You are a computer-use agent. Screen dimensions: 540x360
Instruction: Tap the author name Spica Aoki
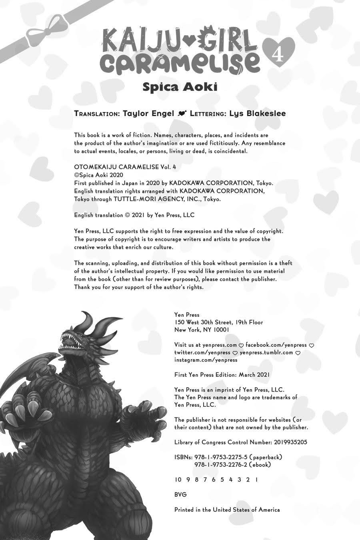point(180,87)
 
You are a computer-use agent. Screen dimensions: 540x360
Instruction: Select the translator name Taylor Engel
point(148,114)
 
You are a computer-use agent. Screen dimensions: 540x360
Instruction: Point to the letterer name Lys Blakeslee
point(258,114)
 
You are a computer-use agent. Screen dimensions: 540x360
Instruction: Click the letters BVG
point(181,494)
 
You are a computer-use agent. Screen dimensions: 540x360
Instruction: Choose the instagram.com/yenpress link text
point(206,360)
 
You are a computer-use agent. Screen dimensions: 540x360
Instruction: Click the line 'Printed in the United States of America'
point(227,510)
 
